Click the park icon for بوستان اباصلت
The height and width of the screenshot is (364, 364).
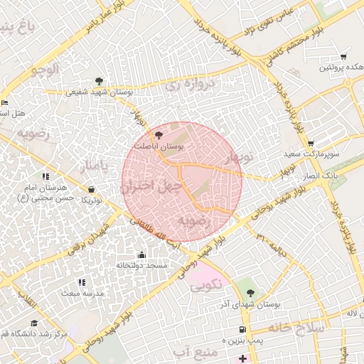click(x=159, y=134)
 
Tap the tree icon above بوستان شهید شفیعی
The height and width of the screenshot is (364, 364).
click(x=99, y=81)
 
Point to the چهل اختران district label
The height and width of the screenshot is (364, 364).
click(x=147, y=187)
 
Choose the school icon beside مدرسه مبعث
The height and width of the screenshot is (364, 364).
click(x=81, y=283)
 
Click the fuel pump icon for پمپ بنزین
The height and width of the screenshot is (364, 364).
click(x=243, y=330)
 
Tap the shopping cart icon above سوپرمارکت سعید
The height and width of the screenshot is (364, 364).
click(x=311, y=143)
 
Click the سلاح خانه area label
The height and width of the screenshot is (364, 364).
click(x=296, y=328)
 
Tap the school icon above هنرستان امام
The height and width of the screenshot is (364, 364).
click(x=45, y=176)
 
